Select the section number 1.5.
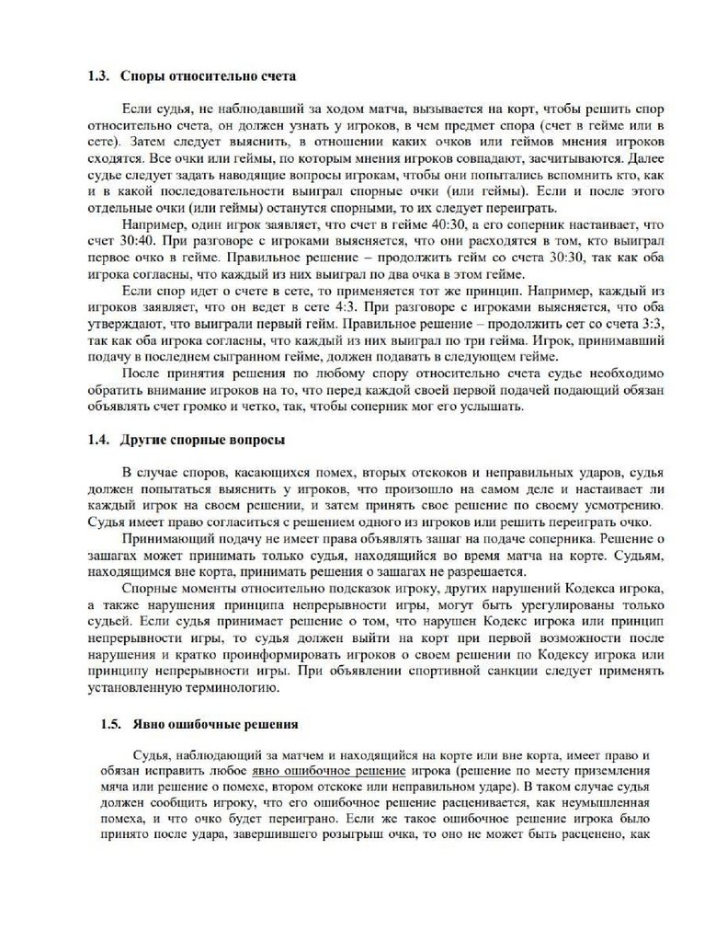[x=112, y=723]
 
